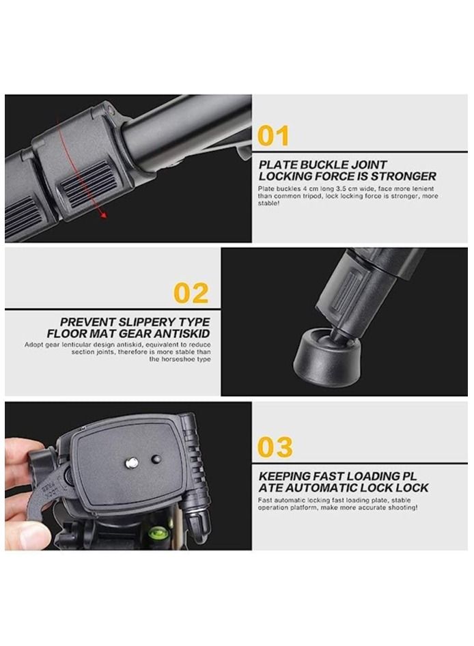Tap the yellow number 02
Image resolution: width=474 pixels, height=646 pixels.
coord(191,293)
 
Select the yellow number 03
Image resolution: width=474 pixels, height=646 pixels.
coord(275,447)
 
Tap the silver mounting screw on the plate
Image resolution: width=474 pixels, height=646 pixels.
coord(131,464)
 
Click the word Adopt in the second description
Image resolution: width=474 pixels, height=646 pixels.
coord(16,344)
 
